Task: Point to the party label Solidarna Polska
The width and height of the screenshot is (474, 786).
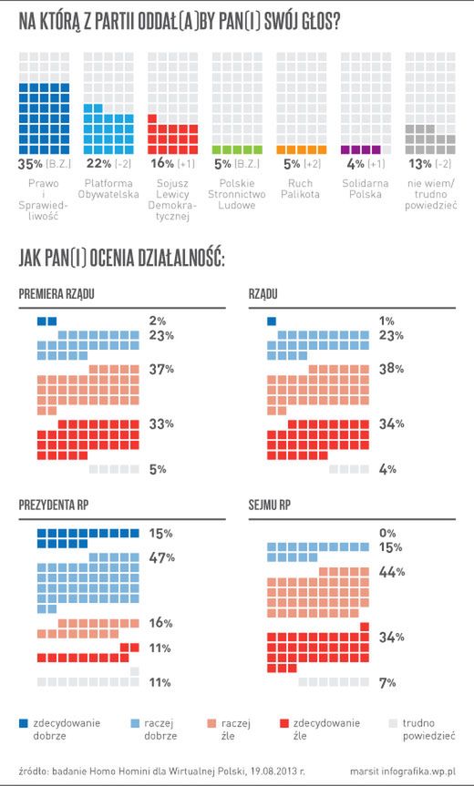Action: [x=363, y=189]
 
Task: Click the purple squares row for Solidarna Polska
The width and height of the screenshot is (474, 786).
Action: [x=358, y=149]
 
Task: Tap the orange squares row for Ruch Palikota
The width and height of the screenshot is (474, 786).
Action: [x=294, y=149]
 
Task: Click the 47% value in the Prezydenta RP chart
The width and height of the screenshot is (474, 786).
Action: [x=162, y=557]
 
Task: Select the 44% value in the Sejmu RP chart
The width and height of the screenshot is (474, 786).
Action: [x=392, y=572]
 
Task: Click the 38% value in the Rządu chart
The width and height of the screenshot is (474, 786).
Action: [x=392, y=370]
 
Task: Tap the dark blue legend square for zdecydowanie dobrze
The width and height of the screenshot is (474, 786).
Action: [x=25, y=723]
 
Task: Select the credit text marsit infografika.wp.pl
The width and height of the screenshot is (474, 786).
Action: [x=402, y=769]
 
